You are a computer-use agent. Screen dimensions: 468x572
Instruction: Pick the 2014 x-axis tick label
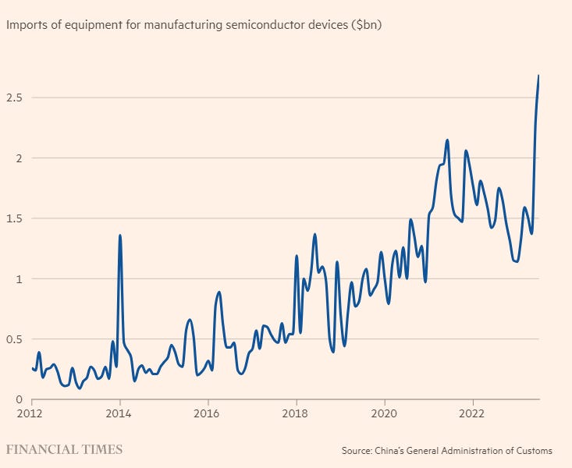point(119,413)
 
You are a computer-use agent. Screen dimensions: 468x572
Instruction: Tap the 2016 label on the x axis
point(208,413)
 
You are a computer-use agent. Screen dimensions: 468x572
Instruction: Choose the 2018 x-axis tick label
point(296,413)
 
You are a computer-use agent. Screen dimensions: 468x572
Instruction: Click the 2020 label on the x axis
point(384,413)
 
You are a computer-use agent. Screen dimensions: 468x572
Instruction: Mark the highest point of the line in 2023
point(538,76)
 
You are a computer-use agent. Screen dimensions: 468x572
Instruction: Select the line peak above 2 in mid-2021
point(447,140)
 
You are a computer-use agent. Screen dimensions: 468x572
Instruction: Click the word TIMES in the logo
point(101,450)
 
